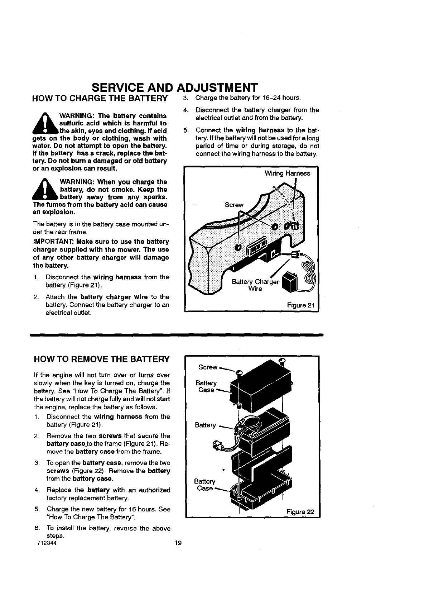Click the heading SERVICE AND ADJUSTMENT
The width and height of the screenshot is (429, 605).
174,87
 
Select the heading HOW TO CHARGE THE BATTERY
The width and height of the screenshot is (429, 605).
100,98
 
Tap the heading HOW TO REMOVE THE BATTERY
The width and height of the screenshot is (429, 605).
101,359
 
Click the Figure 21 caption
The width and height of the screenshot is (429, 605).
300,306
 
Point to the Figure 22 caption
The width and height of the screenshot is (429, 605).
300,511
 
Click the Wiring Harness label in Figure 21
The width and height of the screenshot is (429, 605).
287,173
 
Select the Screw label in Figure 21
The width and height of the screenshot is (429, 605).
233,205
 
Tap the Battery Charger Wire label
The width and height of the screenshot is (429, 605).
255,285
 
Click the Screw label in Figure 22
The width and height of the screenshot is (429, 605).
208,367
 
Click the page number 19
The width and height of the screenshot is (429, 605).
178,543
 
